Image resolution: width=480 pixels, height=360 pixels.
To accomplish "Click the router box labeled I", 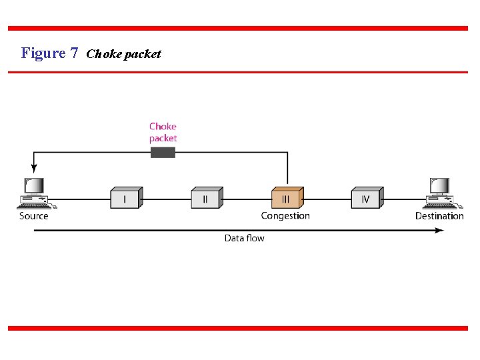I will pos(126,198).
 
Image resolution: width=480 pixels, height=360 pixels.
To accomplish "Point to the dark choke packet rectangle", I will pos(163,153).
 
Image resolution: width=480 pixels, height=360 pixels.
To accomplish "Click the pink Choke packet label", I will pos(163,132).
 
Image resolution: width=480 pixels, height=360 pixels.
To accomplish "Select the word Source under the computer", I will pos(34,216).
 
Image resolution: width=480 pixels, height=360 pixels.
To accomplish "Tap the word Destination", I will pos(439,216).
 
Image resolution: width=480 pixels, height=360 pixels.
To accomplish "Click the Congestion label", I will pos(285,216).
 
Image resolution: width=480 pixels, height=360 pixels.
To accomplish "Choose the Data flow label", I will pos(244,238).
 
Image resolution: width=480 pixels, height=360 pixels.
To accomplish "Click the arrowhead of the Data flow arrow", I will pos(439,231).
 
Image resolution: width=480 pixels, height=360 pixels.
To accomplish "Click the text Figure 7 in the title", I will pos(49,53).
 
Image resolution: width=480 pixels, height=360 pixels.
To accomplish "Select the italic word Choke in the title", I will pos(103,54).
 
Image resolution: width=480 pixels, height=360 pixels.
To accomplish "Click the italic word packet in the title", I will pos(141,55).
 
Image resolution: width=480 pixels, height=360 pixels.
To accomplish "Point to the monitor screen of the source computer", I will pos(33,185).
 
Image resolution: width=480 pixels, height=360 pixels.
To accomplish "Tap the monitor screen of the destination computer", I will pos(439,185).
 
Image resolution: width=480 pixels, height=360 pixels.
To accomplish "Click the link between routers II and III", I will pos(247,199).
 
